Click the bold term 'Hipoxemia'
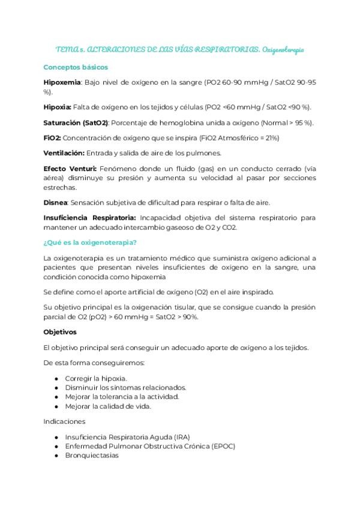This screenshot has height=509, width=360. pyautogui.click(x=62, y=81)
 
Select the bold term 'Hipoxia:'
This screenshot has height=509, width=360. pyautogui.click(x=58, y=107)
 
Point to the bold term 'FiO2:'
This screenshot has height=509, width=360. pyautogui.click(x=52, y=137)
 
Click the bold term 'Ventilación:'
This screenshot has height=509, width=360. pyautogui.click(x=64, y=153)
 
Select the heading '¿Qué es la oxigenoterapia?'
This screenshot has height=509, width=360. pyautogui.click(x=90, y=242)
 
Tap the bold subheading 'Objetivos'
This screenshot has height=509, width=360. pyautogui.click(x=61, y=331)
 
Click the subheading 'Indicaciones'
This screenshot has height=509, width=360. pyautogui.click(x=64, y=421)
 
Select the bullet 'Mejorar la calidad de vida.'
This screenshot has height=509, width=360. pyautogui.click(x=108, y=406)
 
